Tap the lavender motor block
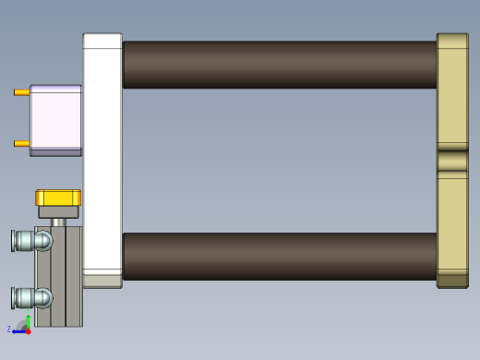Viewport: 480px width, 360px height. click(55, 117)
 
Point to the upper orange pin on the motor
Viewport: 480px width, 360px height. click(21, 92)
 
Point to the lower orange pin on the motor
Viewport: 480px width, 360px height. click(21, 143)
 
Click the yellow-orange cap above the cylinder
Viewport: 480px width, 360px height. click(58, 198)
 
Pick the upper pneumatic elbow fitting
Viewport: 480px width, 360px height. click(31, 241)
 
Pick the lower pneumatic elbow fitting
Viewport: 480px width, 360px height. click(31, 297)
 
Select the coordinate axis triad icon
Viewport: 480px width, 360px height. click(24, 326)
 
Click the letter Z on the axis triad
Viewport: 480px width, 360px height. click(9, 329)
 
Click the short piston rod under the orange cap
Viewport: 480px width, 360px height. click(58, 222)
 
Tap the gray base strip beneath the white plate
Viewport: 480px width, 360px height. click(102, 281)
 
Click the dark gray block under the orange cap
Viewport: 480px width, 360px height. click(58, 212)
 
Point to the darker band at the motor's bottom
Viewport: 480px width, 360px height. click(55, 152)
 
